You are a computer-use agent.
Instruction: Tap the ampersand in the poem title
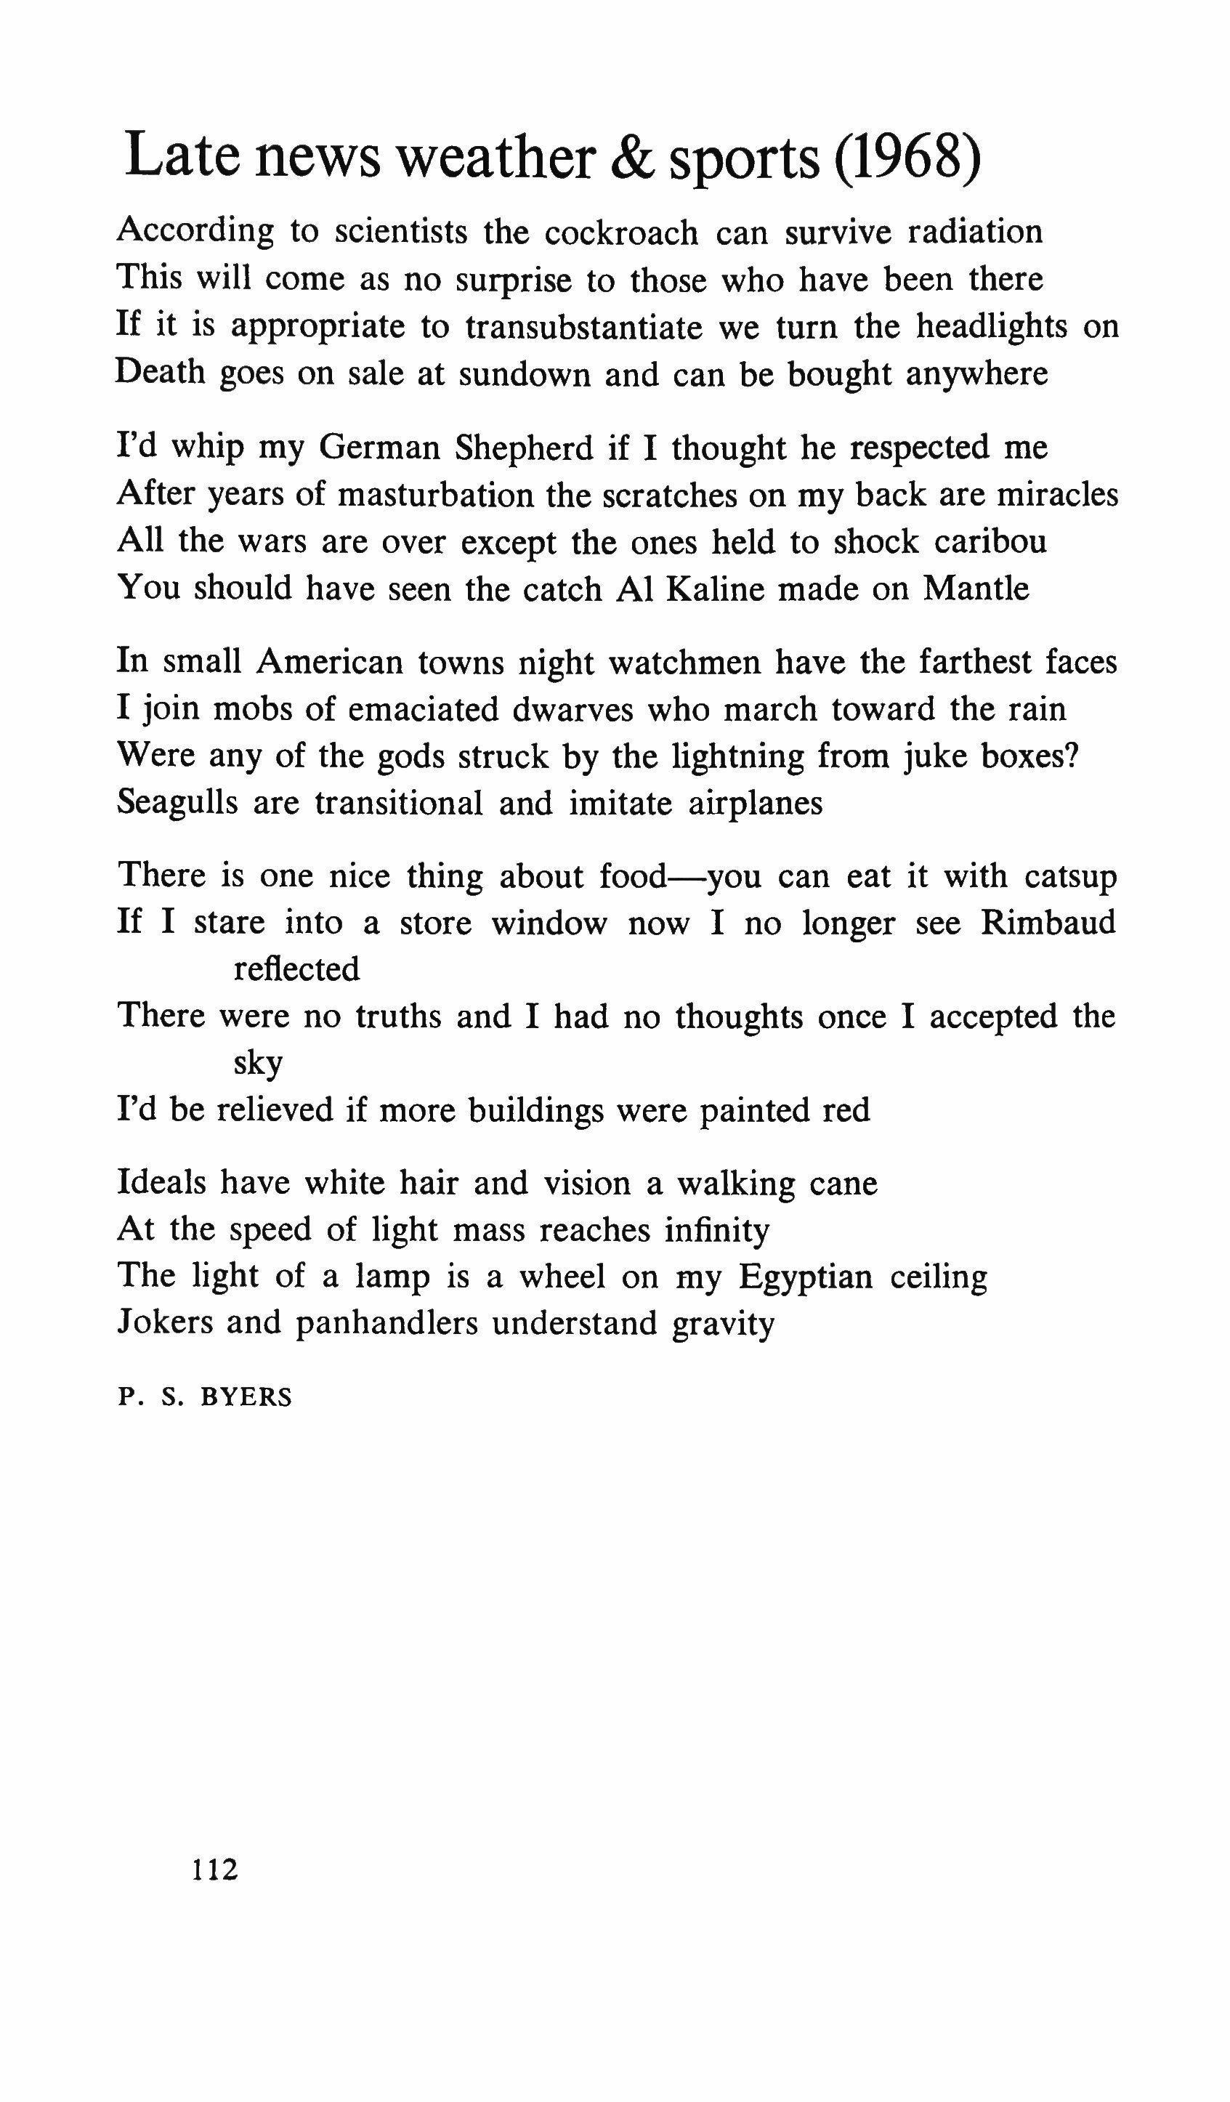633,157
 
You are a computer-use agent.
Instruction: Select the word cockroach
621,233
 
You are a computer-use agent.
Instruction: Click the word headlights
992,327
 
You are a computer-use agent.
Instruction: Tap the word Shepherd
524,448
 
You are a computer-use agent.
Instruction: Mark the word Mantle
976,589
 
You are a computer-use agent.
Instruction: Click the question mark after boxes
1072,756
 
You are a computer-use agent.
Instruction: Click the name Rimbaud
1048,923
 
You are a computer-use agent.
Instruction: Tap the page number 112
215,1869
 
